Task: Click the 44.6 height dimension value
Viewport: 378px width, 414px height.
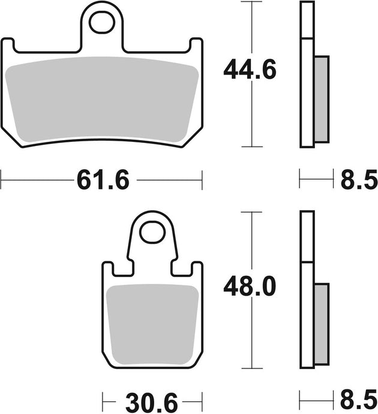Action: [250, 71]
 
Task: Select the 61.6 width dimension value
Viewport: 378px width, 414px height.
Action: [103, 178]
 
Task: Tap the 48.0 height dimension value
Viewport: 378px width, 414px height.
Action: [250, 288]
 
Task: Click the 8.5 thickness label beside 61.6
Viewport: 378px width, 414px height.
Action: [358, 178]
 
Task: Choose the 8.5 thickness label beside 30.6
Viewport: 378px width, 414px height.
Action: [358, 400]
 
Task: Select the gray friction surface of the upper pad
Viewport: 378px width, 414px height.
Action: [102, 99]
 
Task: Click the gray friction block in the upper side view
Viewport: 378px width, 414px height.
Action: [322, 99]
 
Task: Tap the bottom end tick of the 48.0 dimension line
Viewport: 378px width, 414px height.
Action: [251, 368]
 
